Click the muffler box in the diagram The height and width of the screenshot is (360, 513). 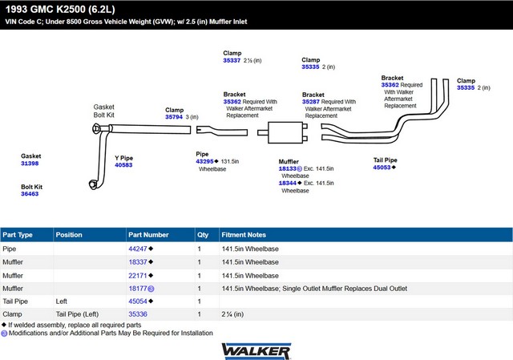[285, 132]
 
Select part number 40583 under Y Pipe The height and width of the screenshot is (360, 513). [123, 165]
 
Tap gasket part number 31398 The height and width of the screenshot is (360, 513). [30, 164]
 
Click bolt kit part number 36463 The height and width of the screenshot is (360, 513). [30, 194]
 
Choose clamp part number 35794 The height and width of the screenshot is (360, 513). [174, 117]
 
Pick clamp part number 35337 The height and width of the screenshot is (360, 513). [232, 60]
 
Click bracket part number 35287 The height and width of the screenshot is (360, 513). [311, 102]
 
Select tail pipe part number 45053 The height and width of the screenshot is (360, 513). [382, 168]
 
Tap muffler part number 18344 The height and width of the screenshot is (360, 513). [288, 183]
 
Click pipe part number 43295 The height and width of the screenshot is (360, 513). [205, 161]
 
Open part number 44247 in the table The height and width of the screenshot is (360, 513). [138, 249]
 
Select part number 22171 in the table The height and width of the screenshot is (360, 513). [138, 276]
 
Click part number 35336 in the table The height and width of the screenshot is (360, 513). [138, 314]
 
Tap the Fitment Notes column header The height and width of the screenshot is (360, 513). [244, 235]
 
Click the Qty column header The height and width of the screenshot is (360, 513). [203, 235]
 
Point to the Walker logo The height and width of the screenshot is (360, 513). [256, 351]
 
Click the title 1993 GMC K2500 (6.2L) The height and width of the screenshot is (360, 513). [60, 9]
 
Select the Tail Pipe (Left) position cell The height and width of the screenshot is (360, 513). [77, 314]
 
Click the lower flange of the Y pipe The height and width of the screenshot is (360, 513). [93, 184]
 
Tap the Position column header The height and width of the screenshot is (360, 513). [69, 235]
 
